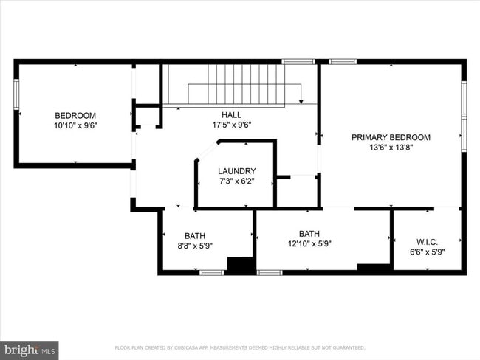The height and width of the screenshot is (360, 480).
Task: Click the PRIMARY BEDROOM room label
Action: pos(391,137)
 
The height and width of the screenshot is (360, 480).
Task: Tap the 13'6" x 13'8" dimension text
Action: pos(391,148)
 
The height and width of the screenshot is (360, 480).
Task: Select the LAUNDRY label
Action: pos(237,170)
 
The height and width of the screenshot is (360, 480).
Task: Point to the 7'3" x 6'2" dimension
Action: pos(237,181)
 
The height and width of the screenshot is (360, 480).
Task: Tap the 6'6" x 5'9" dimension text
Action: pos(428,252)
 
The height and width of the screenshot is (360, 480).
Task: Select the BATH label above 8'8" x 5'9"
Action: pos(196,236)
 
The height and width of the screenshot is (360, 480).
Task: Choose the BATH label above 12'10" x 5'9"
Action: pos(309,233)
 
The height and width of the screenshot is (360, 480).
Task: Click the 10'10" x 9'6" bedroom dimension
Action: pos(75,125)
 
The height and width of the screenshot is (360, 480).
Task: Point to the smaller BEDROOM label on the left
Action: pos(75,115)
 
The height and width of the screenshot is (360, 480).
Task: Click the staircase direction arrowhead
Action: pos(301,101)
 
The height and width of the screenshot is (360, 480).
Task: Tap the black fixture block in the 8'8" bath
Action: pos(239,265)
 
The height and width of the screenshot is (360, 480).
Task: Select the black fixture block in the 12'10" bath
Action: pos(374,268)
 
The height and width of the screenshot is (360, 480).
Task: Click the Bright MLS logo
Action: pos(30,349)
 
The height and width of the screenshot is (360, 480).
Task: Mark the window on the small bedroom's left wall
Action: pos(16,94)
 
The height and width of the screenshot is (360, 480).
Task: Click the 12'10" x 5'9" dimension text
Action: pos(309,244)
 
